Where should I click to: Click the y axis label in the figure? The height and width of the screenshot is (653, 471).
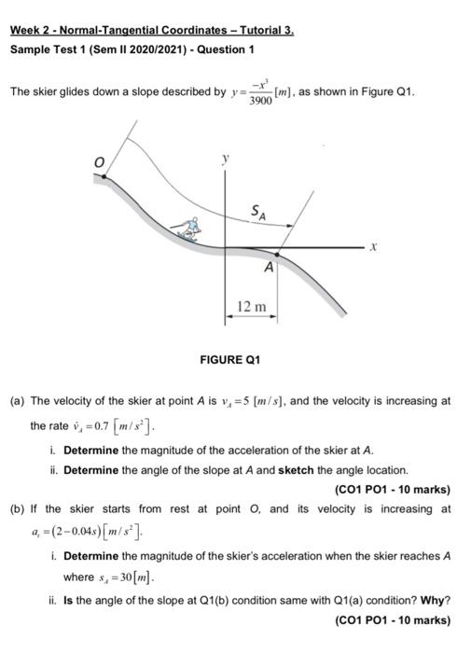click(225, 160)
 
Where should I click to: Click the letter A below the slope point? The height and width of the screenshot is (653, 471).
click(269, 268)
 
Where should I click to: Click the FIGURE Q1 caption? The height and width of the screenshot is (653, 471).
click(230, 359)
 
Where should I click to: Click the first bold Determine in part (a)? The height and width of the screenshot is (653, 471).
click(91, 449)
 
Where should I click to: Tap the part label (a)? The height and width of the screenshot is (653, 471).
click(17, 401)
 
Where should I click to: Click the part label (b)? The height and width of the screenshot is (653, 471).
click(17, 508)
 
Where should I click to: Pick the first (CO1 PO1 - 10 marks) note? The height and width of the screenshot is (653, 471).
click(391, 490)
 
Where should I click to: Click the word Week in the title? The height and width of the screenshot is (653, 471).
click(25, 29)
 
